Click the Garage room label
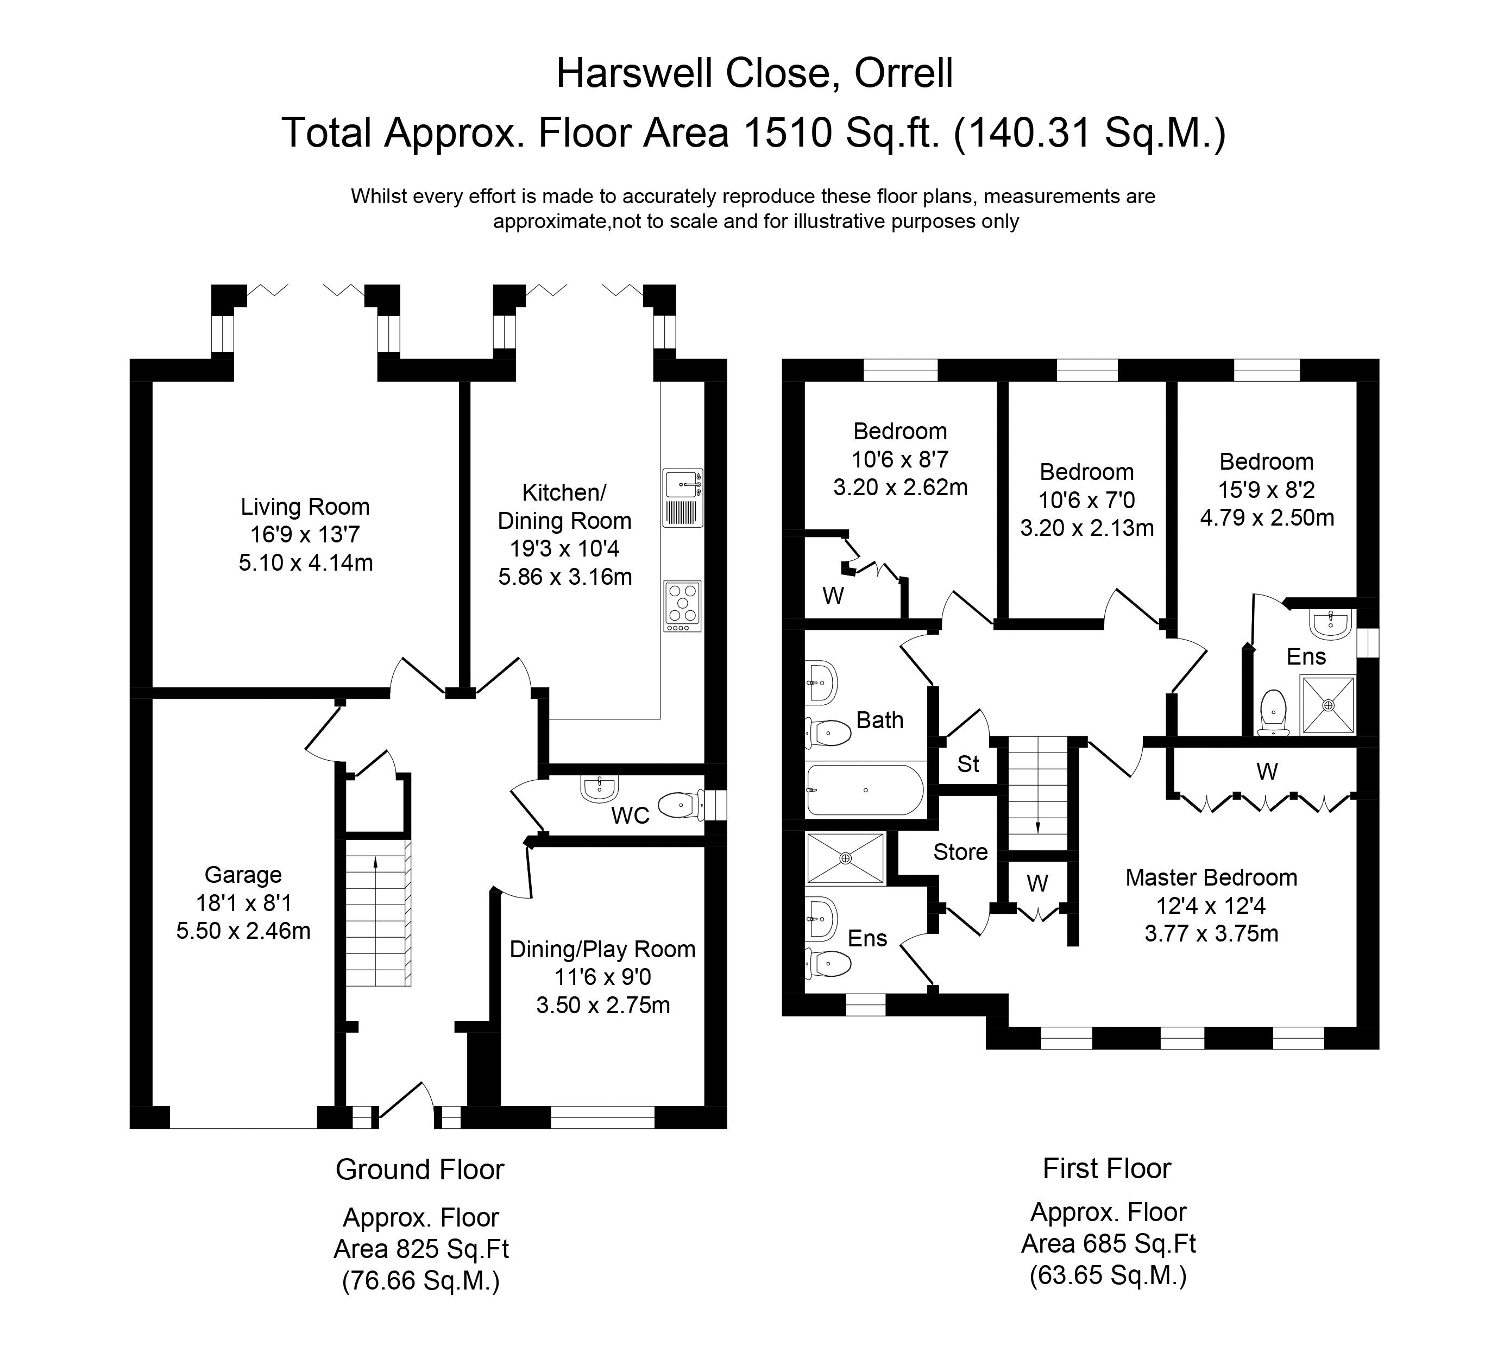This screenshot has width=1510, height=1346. point(243,875)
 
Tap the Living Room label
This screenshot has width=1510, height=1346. point(305,507)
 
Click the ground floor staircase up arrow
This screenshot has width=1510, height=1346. point(376,862)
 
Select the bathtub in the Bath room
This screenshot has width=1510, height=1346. point(865,790)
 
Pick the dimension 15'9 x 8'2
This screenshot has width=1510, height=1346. point(1267,490)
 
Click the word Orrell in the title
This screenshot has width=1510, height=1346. point(903,73)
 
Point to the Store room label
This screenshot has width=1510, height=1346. point(960,852)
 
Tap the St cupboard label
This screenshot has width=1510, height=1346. point(968,763)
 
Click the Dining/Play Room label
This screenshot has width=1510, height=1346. point(602,949)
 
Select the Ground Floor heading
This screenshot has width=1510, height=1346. point(419,1169)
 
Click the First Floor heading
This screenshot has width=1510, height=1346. point(1107,1168)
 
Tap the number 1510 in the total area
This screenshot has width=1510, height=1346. point(788,133)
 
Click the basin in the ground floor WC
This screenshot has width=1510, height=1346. point(599,788)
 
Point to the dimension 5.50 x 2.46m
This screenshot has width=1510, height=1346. point(243,931)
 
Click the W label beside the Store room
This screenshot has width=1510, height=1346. point(1037,883)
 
